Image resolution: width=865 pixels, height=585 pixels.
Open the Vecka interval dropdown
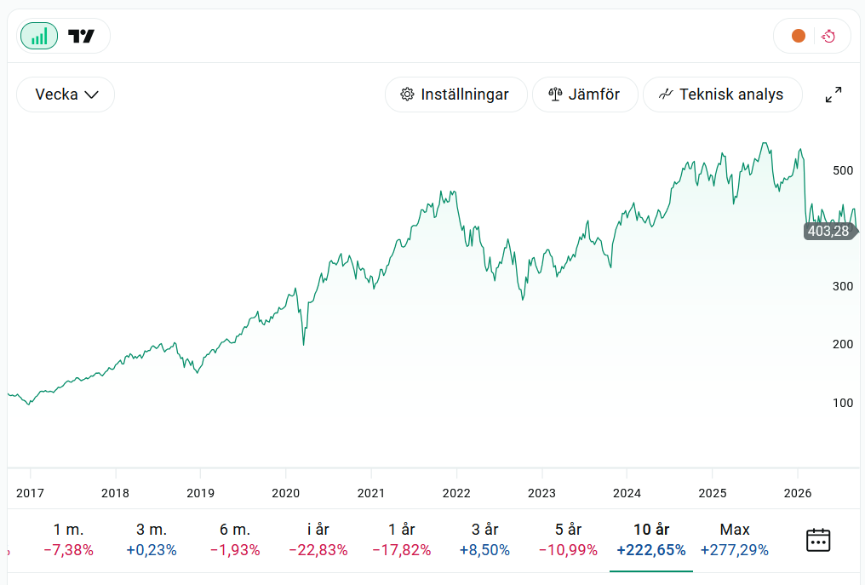point(66,95)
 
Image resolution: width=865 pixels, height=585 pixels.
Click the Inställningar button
point(455,95)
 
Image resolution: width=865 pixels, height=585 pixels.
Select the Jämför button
point(585,95)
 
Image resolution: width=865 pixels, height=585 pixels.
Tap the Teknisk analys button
point(722,95)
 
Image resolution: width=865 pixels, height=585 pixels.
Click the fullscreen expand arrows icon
point(833,95)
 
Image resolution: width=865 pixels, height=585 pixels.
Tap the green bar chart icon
point(39,36)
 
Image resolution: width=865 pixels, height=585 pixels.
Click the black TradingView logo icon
point(81,37)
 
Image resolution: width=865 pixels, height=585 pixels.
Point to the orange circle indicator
point(799,36)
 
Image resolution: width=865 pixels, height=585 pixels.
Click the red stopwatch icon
point(828,37)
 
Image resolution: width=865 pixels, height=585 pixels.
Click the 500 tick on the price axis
point(843,170)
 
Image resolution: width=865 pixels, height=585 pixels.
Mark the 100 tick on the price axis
point(843,403)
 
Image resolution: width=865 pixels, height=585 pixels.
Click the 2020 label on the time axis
point(286,493)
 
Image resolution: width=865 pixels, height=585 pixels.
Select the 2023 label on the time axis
point(541,493)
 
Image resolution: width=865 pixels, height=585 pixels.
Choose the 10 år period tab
point(651,539)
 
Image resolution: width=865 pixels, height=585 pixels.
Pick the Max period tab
point(734,539)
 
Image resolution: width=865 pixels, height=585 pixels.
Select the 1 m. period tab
point(68,539)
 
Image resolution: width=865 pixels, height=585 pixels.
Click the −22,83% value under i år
point(318,550)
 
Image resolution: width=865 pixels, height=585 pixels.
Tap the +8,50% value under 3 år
point(485,550)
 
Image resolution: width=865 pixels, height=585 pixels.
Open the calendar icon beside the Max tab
point(818,540)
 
